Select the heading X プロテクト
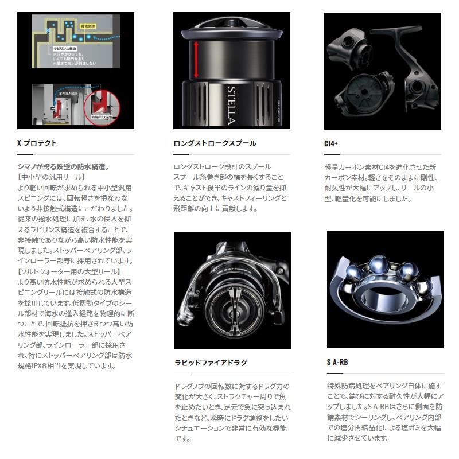point(37,143)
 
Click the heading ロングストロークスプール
point(215,143)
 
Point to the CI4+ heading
point(331,143)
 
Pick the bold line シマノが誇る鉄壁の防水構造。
point(63,166)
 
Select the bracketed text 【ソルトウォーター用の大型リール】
point(69,271)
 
